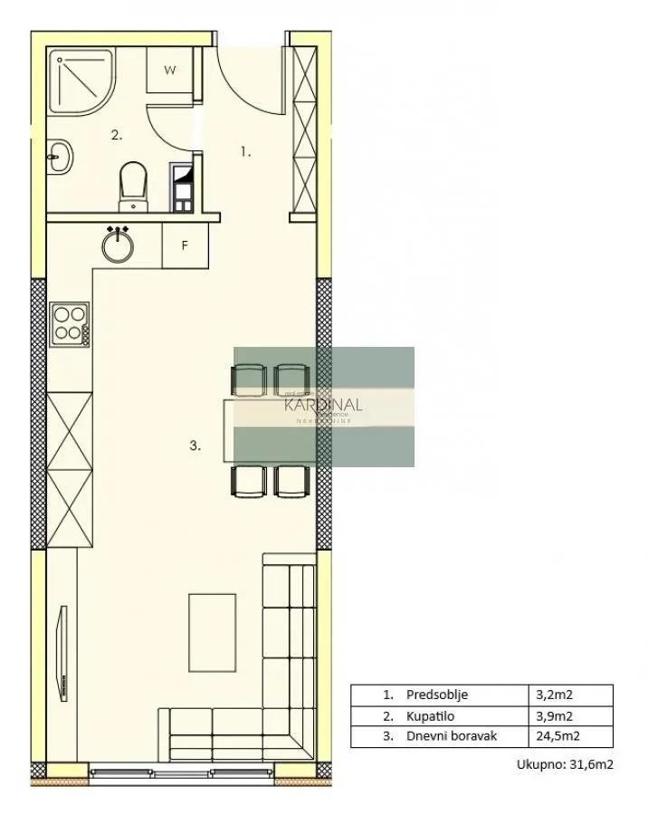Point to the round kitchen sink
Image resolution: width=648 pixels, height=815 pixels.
coord(119,244)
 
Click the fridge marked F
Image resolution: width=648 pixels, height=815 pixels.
coord(185,245)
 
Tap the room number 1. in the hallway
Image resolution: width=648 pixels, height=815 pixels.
coord(244,152)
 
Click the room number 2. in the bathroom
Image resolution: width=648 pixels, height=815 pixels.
coord(116,135)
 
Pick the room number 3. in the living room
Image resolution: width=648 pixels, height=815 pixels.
coord(195,445)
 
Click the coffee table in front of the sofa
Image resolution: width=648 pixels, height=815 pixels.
coord(213,633)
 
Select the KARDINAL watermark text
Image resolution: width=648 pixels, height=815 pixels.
coord(323,405)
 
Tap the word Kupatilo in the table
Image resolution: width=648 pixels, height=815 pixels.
coord(432,716)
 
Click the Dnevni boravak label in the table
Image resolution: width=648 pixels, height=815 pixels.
coord(451,736)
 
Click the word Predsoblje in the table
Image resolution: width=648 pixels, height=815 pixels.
coord(437,695)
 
